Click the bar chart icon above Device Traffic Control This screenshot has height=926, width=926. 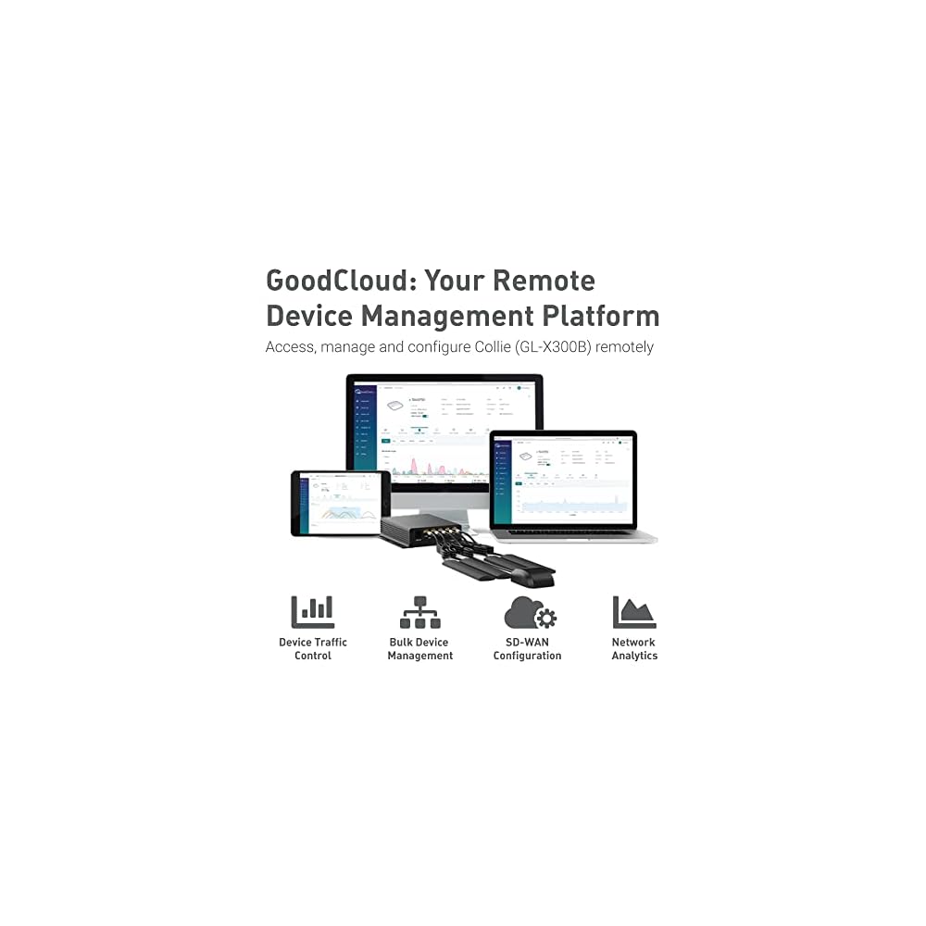(x=312, y=612)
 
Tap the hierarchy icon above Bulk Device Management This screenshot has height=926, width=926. (x=419, y=612)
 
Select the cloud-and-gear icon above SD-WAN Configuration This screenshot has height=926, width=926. (x=529, y=612)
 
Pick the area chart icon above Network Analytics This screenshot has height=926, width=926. (x=634, y=612)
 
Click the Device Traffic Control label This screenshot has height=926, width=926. (x=313, y=649)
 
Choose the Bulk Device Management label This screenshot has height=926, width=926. (x=419, y=649)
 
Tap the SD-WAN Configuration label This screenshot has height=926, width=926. (x=527, y=649)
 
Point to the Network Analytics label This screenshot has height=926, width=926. (x=634, y=649)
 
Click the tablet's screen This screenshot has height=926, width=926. (x=341, y=502)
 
